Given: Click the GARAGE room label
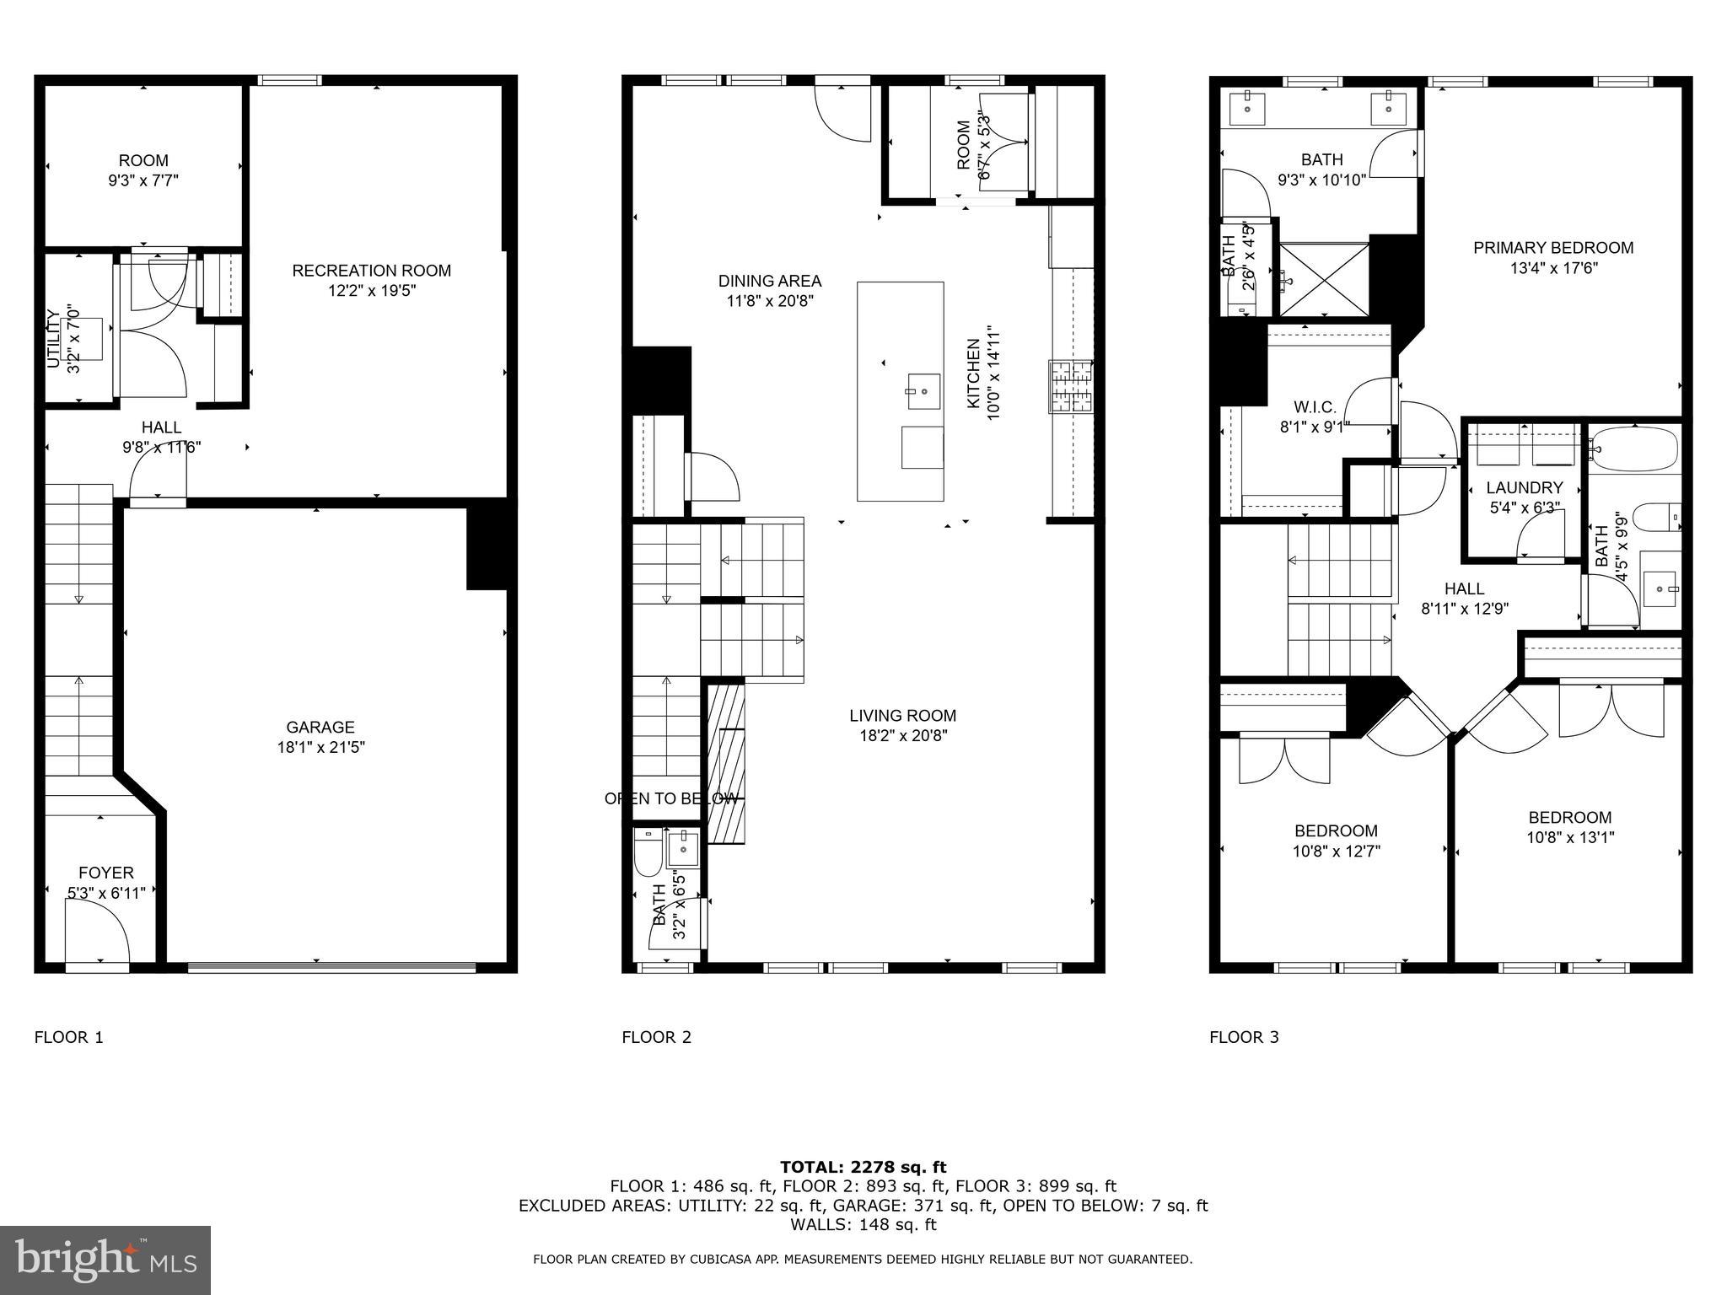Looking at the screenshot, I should point(320,727).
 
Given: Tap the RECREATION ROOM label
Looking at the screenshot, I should point(371,271).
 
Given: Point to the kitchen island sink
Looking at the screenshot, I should point(923,392).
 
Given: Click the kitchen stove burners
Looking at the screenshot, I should point(1070,386).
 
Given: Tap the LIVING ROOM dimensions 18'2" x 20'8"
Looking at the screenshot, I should point(902,735).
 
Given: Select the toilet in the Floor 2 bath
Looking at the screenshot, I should point(648,853).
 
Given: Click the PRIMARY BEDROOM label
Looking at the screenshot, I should point(1553,248).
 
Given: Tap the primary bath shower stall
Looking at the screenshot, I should point(1324,279).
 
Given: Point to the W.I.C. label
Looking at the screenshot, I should point(1315,407).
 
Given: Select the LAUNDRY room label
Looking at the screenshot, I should point(1524,487).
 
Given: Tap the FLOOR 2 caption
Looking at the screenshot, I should point(656,1037).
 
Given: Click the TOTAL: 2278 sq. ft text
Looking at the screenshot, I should point(863,1167).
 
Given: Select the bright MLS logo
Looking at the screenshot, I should point(105,1260).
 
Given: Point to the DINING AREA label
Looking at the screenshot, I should point(769,281).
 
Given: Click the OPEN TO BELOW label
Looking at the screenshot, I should point(670,798).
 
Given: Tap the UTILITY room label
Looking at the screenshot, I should point(53,339).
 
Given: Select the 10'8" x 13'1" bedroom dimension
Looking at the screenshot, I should point(1569,837).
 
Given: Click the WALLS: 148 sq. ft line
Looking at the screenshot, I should point(863,1225).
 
